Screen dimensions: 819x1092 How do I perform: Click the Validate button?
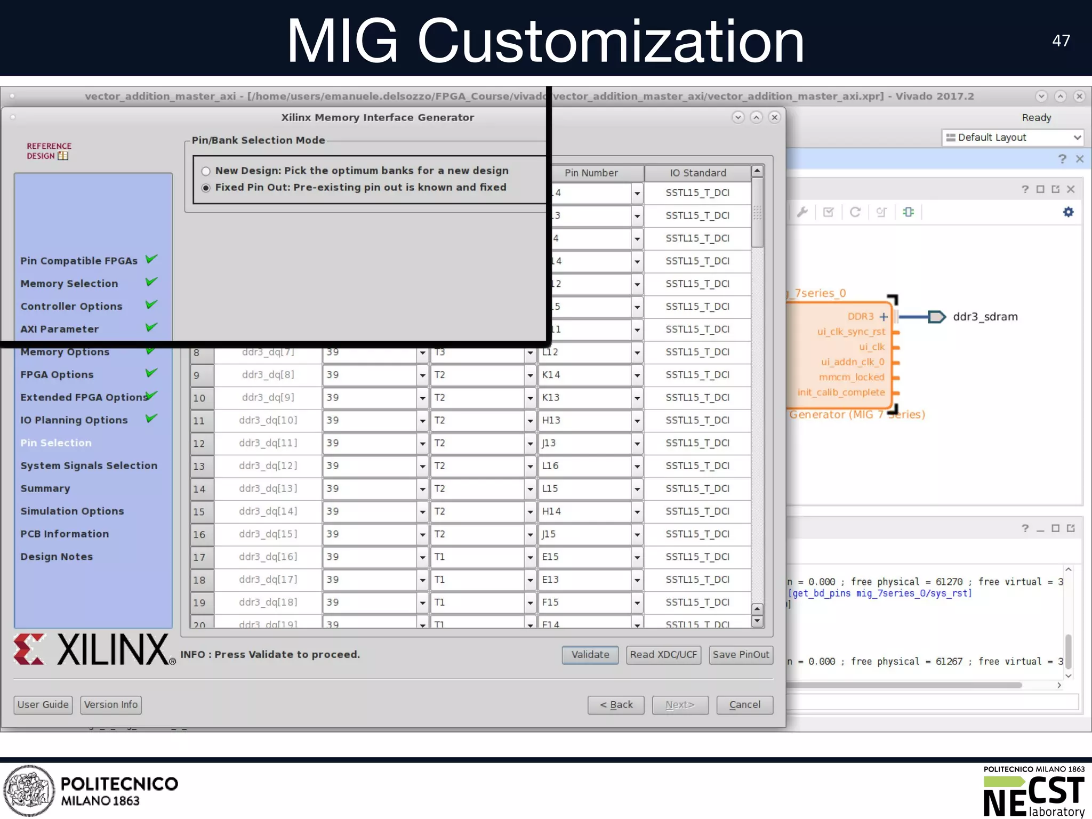[x=590, y=655]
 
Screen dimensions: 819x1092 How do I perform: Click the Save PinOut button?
[x=741, y=655]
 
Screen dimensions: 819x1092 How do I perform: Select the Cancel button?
[x=744, y=705]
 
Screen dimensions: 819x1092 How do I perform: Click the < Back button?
[x=616, y=705]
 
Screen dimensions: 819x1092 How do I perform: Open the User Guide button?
[x=43, y=705]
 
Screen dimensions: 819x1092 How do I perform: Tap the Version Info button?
[x=111, y=705]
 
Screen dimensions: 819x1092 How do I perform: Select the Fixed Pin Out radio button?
[x=206, y=188]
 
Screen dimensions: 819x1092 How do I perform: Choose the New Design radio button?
[x=206, y=171]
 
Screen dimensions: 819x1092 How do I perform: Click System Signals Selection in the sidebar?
[x=89, y=465]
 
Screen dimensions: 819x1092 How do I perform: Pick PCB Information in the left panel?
[x=65, y=534]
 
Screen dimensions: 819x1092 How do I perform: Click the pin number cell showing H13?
[x=584, y=421]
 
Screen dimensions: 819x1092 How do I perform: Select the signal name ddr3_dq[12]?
[x=268, y=466]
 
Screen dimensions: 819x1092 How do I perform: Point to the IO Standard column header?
[x=698, y=173]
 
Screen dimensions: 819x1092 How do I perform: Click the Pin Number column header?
[x=591, y=173]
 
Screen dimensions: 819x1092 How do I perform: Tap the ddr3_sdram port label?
[x=985, y=317]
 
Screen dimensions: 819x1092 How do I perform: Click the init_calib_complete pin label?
[x=841, y=392]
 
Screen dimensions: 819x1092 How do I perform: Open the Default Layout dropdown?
[x=1013, y=138]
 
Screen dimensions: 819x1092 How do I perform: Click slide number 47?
[x=1061, y=41]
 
